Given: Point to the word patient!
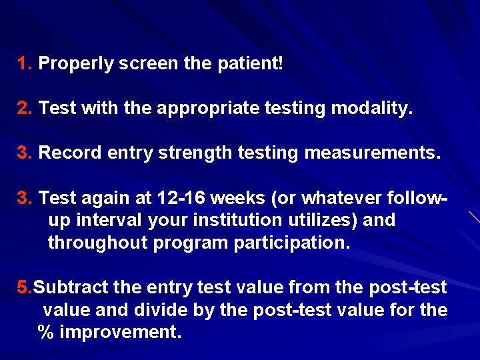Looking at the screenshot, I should tap(251, 65).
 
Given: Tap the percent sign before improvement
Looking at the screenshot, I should tap(46, 332).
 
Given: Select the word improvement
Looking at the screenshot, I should tap(121, 332).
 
